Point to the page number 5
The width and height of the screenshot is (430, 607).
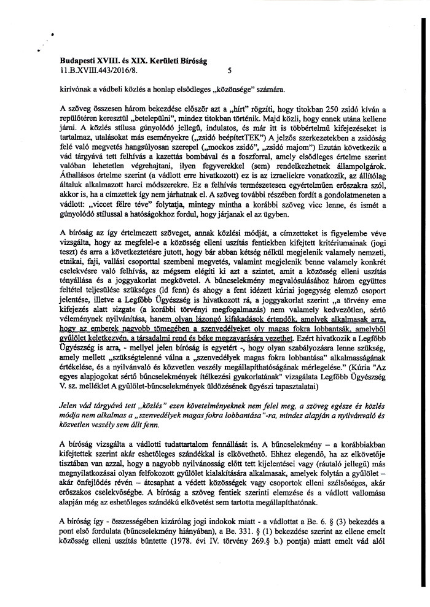coord(229,71)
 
